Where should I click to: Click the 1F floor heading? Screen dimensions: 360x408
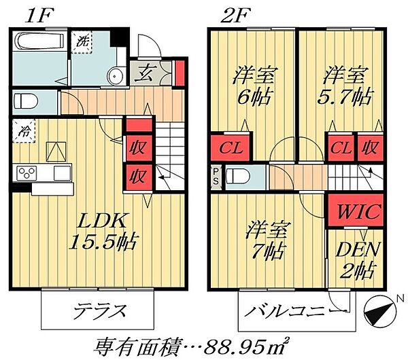click(x=35, y=13)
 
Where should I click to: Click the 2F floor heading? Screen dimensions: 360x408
click(x=235, y=13)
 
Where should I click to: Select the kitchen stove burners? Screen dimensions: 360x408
click(x=25, y=172)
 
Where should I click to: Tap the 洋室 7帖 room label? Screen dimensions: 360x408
click(x=265, y=238)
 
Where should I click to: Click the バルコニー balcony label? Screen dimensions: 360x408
click(x=288, y=313)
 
